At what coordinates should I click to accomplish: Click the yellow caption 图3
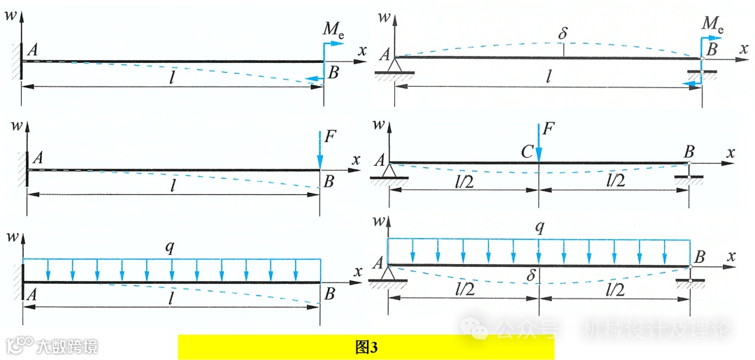366,347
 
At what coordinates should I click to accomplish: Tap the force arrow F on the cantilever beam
319,148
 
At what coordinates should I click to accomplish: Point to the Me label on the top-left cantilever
333,29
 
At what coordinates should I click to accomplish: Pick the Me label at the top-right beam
712,25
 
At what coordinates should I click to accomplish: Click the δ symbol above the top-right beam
563,32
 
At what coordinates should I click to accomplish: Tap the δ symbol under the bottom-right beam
531,275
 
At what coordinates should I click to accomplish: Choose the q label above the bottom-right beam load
539,227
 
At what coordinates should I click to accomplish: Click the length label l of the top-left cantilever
172,77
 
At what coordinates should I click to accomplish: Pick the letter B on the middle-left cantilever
328,182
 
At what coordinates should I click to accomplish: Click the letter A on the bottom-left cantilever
31,294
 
